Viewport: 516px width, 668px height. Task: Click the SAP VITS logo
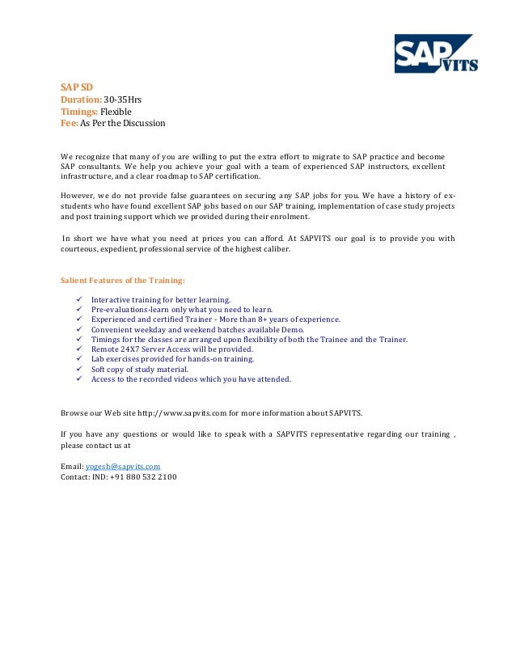click(x=435, y=54)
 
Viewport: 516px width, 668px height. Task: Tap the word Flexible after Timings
click(x=116, y=111)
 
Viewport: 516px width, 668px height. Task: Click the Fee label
click(x=70, y=123)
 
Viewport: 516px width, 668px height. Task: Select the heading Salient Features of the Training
click(x=123, y=281)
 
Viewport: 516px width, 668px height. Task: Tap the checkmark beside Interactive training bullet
click(x=78, y=299)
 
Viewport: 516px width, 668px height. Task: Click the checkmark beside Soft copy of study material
click(x=78, y=369)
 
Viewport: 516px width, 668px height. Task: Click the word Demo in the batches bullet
click(x=293, y=329)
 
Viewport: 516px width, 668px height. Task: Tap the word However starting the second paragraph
click(x=78, y=195)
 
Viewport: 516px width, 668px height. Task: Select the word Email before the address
click(x=71, y=467)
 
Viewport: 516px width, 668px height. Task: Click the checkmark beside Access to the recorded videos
click(x=78, y=378)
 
